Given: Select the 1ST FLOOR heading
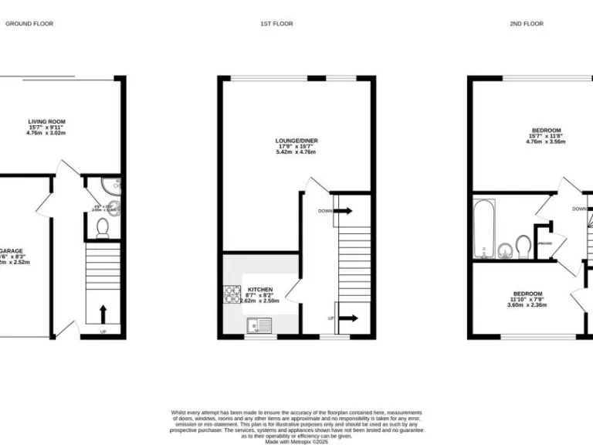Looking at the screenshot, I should (x=276, y=24).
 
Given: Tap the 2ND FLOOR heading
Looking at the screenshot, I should (x=526, y=24).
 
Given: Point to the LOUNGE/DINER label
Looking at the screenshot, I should (x=297, y=141).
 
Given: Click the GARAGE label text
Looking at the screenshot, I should (x=10, y=252).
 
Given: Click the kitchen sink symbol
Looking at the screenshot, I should (x=255, y=328).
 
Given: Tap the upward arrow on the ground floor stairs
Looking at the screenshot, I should (x=102, y=314).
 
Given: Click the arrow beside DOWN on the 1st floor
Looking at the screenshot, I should (x=344, y=210).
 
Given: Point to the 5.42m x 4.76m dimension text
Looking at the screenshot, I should (x=297, y=152).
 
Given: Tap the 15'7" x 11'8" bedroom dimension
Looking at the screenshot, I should (x=546, y=136).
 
